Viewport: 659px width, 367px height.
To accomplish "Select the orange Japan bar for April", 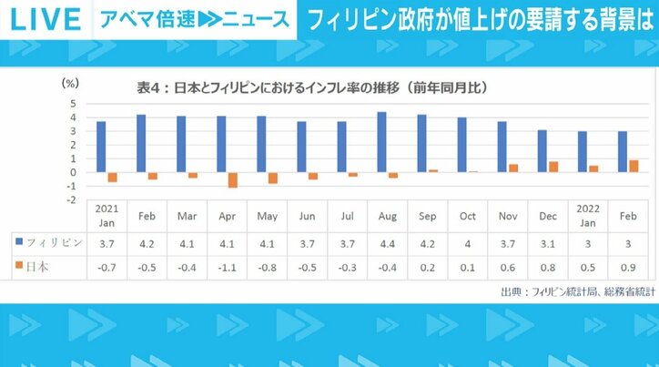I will pyautogui.click(x=233, y=179).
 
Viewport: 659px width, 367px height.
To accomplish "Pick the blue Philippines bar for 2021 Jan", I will pyautogui.click(x=101, y=147).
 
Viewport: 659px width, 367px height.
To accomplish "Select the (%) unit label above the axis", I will pyautogui.click(x=69, y=82).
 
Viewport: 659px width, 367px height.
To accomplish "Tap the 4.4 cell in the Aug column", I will pyautogui.click(x=381, y=243).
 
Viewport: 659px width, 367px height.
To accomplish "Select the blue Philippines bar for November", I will pyautogui.click(x=502, y=147).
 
